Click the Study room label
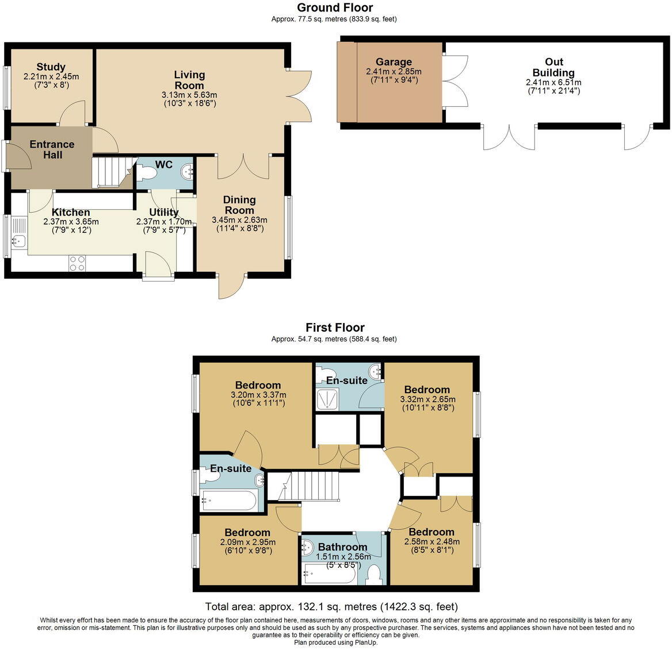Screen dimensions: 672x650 [51, 67]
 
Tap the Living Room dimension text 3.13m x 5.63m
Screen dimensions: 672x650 [189, 95]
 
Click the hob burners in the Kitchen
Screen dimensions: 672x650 [77, 263]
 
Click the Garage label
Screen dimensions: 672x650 [394, 62]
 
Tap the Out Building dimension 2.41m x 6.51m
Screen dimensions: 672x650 [553, 82]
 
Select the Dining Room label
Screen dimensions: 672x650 [239, 205]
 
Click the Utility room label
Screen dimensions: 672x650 [164, 212]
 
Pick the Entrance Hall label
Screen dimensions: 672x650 [52, 149]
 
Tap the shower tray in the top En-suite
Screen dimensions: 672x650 [328, 399]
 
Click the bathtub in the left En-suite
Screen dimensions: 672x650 [229, 501]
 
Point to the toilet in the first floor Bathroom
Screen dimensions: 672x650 [374, 575]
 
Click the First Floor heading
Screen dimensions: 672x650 [335, 328]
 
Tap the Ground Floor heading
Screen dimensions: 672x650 [335, 7]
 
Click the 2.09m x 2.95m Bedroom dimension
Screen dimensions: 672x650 [248, 542]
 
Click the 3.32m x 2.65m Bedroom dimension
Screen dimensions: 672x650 [427, 399]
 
